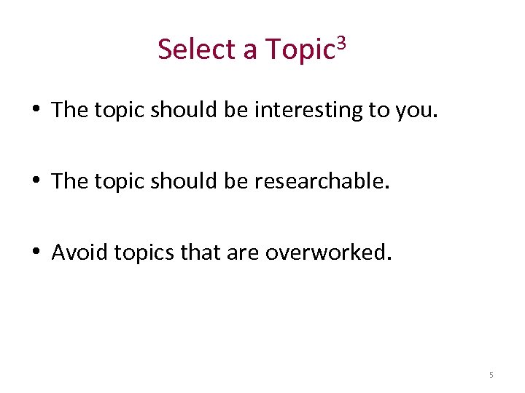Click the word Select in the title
coord(195,49)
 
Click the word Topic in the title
coord(300,50)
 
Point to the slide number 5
coord(491,375)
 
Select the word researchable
coord(320,181)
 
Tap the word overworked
coord(327,253)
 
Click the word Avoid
coord(76,253)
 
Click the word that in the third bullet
coord(203,253)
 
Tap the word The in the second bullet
coord(69,181)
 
